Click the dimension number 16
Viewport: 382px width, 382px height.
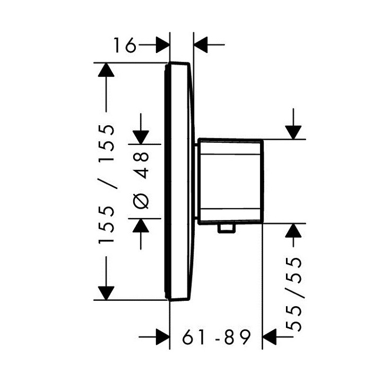tap(125, 45)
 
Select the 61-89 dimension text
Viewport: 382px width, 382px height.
tap(216, 337)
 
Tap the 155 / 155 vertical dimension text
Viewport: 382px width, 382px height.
tap(107, 184)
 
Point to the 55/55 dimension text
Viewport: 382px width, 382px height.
tap(294, 294)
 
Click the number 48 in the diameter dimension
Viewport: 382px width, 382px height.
tap(141, 166)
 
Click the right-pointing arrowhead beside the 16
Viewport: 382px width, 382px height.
tap(162, 45)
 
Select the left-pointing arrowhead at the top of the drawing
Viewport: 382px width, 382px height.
tap(200, 45)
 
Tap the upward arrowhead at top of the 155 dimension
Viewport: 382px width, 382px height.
tap(106, 70)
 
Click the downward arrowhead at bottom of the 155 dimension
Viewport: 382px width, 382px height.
tap(106, 293)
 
